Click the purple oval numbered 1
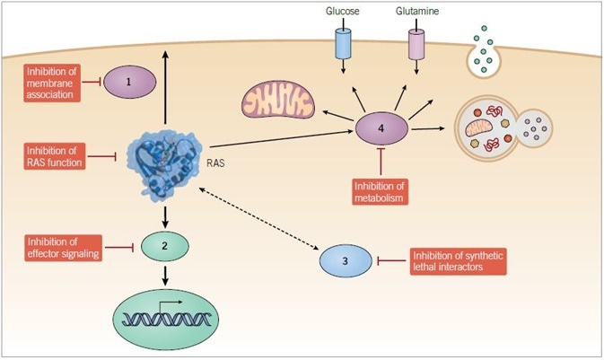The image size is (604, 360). pos(128,82)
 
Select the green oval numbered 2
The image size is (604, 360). pos(166,244)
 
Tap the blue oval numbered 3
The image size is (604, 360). pos(346,260)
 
